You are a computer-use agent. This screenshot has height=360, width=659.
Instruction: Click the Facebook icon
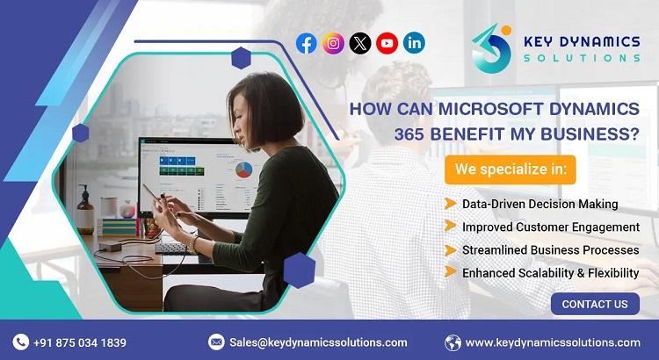pyautogui.click(x=307, y=43)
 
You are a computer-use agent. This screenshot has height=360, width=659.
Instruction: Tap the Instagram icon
pyautogui.click(x=333, y=43)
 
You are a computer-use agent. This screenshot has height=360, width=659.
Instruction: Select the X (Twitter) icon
pyautogui.click(x=360, y=43)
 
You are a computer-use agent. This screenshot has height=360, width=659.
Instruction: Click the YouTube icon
pyautogui.click(x=387, y=43)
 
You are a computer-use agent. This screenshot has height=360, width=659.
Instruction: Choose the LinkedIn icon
pyautogui.click(x=414, y=43)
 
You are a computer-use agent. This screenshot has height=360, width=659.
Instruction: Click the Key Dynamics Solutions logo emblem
pyautogui.click(x=492, y=48)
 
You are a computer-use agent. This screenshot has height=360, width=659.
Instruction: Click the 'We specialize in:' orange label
pyautogui.click(x=511, y=169)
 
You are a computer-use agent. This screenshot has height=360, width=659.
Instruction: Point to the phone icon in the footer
pyautogui.click(x=20, y=342)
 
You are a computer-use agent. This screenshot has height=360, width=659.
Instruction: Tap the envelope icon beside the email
pyautogui.click(x=216, y=342)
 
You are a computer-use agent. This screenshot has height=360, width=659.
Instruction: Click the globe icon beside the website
pyautogui.click(x=453, y=342)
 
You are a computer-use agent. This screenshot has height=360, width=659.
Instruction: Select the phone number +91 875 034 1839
pyautogui.click(x=80, y=342)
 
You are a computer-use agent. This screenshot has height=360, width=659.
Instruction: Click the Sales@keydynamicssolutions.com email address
pyautogui.click(x=318, y=342)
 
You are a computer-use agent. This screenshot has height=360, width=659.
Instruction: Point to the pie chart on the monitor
pyautogui.click(x=243, y=169)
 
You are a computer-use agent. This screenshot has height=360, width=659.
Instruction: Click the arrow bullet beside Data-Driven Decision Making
pyautogui.click(x=450, y=204)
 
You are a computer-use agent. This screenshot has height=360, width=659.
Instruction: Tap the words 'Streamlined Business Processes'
pyautogui.click(x=551, y=250)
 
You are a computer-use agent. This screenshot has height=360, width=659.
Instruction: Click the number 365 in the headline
pyautogui.click(x=409, y=134)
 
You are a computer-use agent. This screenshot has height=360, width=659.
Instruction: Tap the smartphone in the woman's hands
pyautogui.click(x=151, y=193)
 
